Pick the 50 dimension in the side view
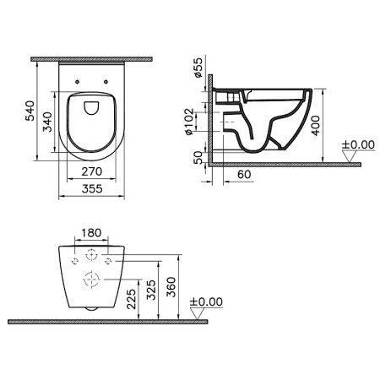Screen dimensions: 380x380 tap(198, 157)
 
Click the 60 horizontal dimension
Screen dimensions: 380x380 tap(244, 175)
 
